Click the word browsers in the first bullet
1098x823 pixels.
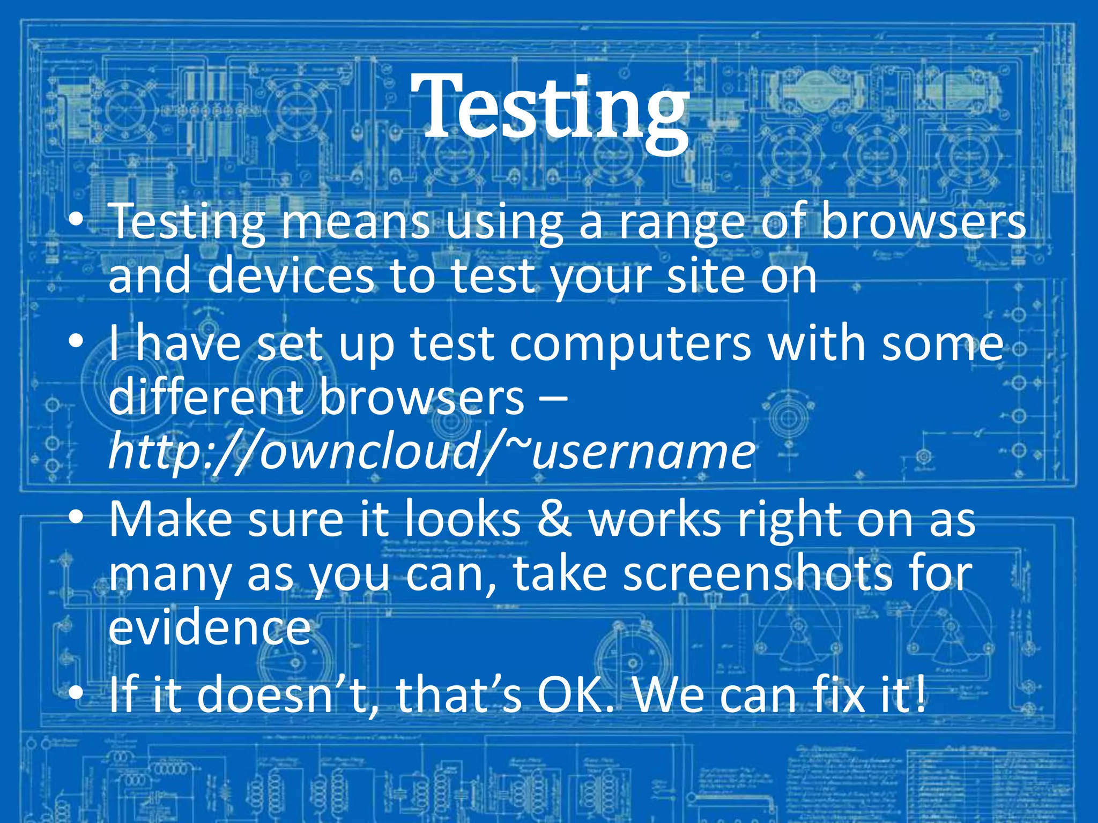923,222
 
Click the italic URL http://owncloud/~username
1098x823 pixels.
432,452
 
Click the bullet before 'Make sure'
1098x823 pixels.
76,517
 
